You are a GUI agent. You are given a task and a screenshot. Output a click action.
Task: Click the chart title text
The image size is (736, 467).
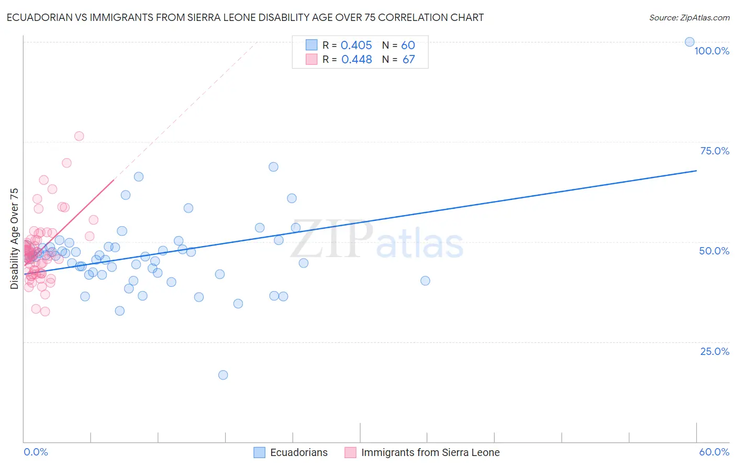pos(245,17)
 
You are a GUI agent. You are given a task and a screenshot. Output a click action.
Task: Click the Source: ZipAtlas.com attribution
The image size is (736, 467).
pos(689,18)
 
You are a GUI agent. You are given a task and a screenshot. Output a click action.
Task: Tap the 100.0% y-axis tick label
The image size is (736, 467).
pos(711,51)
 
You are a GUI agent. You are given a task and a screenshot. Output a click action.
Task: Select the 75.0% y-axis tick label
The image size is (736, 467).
pos(715,151)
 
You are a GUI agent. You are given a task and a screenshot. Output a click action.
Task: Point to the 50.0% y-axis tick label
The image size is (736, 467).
pos(714,251)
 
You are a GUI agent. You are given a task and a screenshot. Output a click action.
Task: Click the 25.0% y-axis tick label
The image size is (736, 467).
pos(715,351)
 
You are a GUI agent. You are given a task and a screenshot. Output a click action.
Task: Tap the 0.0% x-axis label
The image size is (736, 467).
pos(36,452)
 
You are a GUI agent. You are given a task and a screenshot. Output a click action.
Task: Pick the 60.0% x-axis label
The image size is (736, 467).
pos(714,452)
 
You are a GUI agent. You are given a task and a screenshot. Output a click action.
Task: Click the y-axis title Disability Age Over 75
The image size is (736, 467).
pos(14,239)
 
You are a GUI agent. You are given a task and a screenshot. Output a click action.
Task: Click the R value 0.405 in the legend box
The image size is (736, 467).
pos(356,46)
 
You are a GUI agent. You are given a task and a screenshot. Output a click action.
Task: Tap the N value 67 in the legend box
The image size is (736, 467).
pos(408,60)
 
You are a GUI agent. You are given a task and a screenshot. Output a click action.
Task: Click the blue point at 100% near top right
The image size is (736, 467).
pos(689,42)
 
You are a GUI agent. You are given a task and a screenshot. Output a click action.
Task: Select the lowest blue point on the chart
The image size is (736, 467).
pos(223,375)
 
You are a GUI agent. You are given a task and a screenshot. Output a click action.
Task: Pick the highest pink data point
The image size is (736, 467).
pos(79,136)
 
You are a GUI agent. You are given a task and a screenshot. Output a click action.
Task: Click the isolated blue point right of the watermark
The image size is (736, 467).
pos(425,281)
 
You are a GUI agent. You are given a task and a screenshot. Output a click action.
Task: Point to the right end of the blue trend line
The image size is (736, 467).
pos(696,171)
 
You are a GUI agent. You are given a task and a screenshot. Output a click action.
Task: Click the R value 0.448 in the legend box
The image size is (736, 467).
pos(356,60)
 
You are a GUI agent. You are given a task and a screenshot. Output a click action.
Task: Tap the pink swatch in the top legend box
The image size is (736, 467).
pos(311,59)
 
